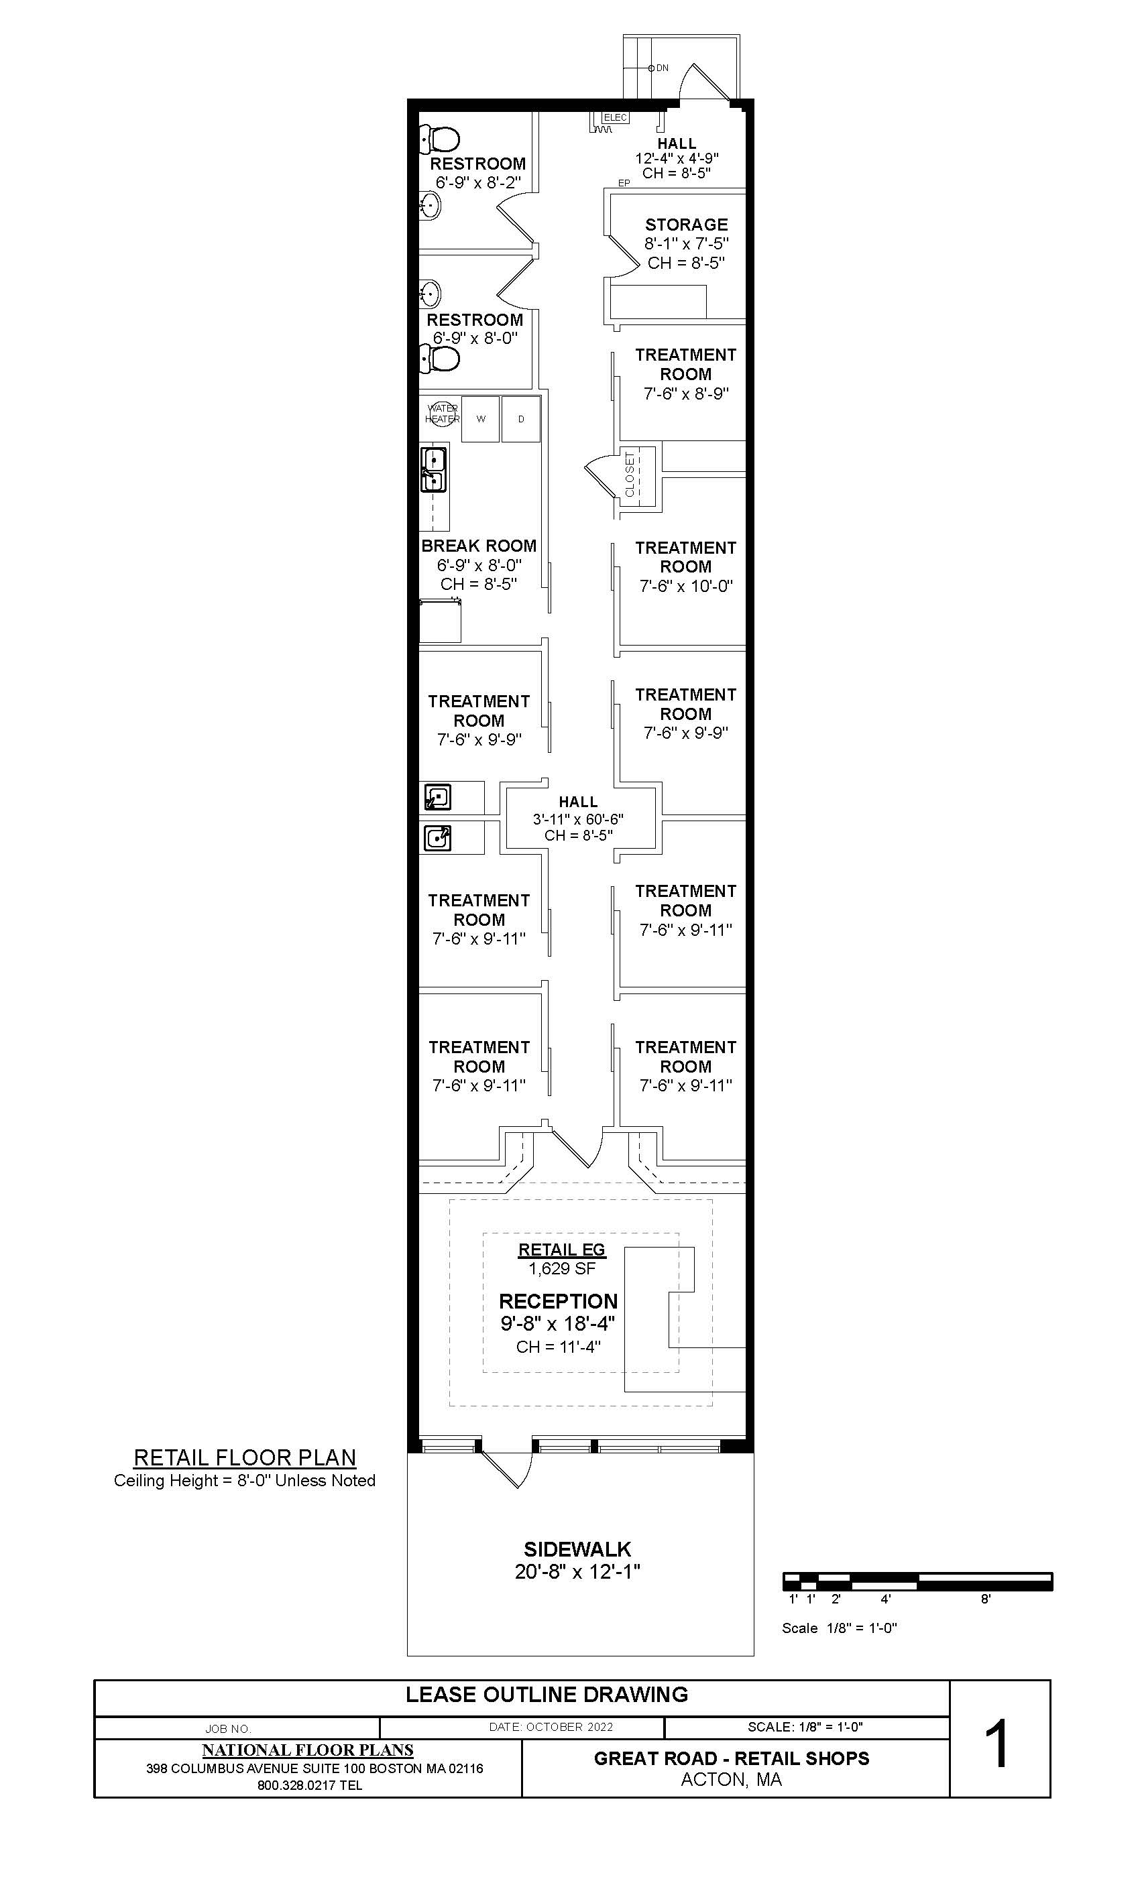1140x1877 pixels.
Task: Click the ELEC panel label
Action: (x=615, y=117)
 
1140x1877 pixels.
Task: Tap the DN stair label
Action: (x=663, y=68)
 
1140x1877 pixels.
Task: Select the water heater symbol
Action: (x=442, y=414)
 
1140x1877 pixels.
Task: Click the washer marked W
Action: (x=480, y=418)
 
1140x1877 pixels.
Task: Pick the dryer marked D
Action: (x=521, y=418)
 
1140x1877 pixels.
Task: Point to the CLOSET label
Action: (x=630, y=474)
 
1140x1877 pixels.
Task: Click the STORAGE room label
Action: (x=686, y=225)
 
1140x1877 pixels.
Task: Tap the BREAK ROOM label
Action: (x=479, y=546)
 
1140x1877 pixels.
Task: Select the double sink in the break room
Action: (x=434, y=470)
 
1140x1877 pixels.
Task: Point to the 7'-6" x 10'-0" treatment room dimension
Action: (x=686, y=586)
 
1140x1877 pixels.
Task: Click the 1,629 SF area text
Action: (x=562, y=1268)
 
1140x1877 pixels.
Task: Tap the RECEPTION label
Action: (x=558, y=1301)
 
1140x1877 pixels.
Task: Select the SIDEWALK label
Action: (x=577, y=1549)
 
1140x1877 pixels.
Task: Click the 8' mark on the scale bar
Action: (x=985, y=1599)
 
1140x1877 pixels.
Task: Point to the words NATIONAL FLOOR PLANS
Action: (x=308, y=1750)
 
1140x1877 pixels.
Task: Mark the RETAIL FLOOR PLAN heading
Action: (x=245, y=1457)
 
